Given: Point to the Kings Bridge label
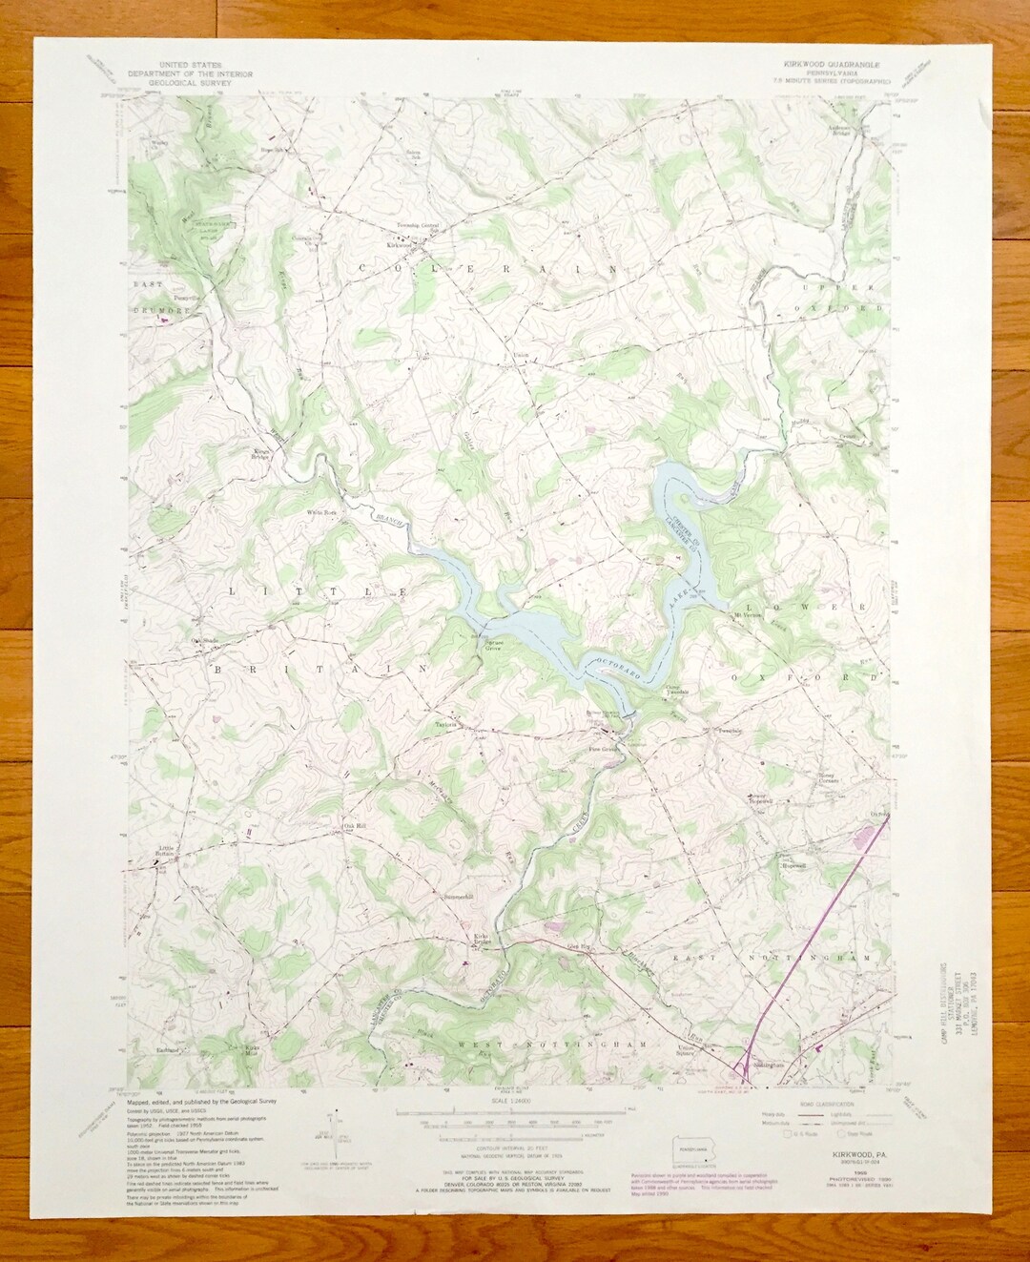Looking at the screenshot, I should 261,454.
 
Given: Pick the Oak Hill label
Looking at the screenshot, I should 354,826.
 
